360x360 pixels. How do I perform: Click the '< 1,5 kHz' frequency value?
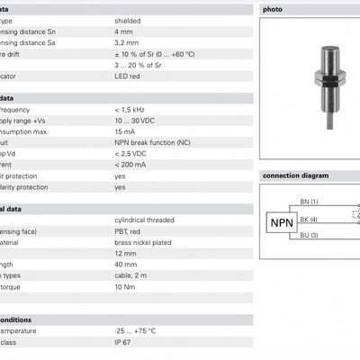coord(130,108)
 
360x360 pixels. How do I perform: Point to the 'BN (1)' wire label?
coord(310,202)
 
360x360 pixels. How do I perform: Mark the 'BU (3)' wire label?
coord(310,235)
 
